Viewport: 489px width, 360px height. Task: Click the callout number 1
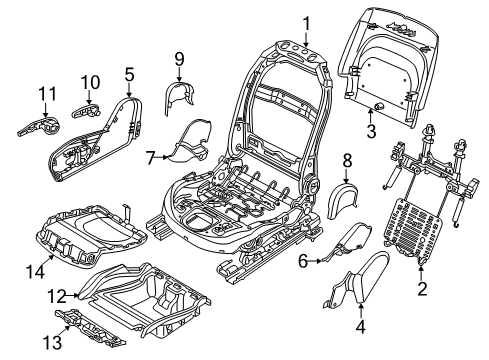(307, 21)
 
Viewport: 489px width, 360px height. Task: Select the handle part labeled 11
(39, 125)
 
